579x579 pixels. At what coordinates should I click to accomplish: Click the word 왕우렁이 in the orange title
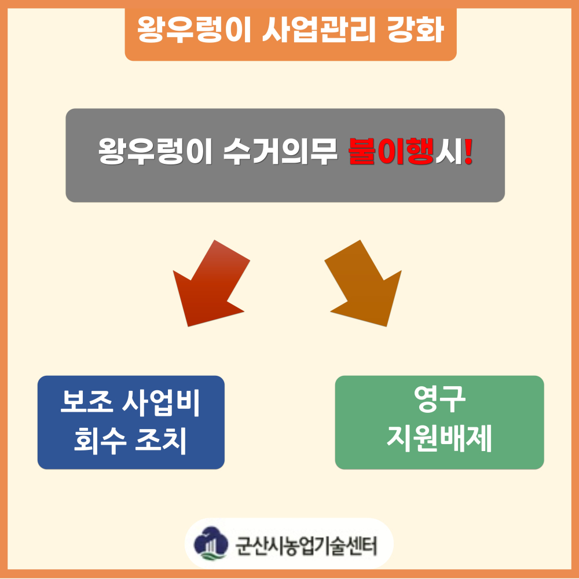194,30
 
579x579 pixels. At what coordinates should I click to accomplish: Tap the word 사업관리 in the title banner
319,30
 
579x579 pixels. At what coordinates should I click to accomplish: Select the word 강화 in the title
415,30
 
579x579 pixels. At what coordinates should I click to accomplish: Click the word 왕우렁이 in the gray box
155,151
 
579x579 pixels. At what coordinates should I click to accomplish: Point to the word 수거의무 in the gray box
281,151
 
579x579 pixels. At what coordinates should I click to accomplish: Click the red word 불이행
391,151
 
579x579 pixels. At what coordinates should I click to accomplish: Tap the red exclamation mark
468,151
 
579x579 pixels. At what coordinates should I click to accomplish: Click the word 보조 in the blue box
86,402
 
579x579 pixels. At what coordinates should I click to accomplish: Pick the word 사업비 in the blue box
161,402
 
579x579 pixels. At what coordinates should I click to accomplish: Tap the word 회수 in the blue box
100,441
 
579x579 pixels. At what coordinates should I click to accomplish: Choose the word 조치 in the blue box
161,441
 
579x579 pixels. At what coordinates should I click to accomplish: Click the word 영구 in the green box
439,399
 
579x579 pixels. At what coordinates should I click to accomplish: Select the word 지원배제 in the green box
439,438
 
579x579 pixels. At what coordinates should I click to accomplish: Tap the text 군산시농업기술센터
306,545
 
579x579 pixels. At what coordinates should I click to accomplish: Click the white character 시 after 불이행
448,151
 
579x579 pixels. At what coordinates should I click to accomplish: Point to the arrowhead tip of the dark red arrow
188,327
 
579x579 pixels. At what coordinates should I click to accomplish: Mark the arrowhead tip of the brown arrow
387,327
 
